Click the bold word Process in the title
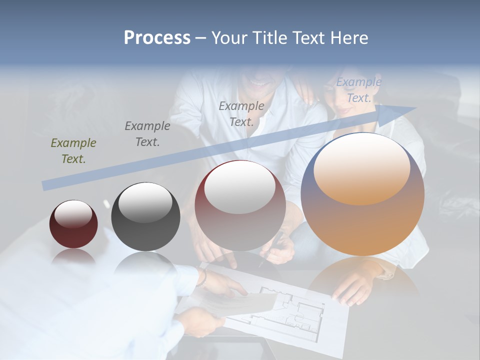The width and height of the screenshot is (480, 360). (157, 38)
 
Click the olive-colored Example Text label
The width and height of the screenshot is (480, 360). (73, 150)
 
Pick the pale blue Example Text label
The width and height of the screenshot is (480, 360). (359, 90)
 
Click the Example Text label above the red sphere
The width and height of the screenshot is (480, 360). (241, 113)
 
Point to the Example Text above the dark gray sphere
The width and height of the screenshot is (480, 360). (147, 133)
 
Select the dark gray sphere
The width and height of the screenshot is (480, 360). (145, 217)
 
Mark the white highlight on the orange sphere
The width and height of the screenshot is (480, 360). (361, 170)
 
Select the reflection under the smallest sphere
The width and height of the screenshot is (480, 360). (73, 256)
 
